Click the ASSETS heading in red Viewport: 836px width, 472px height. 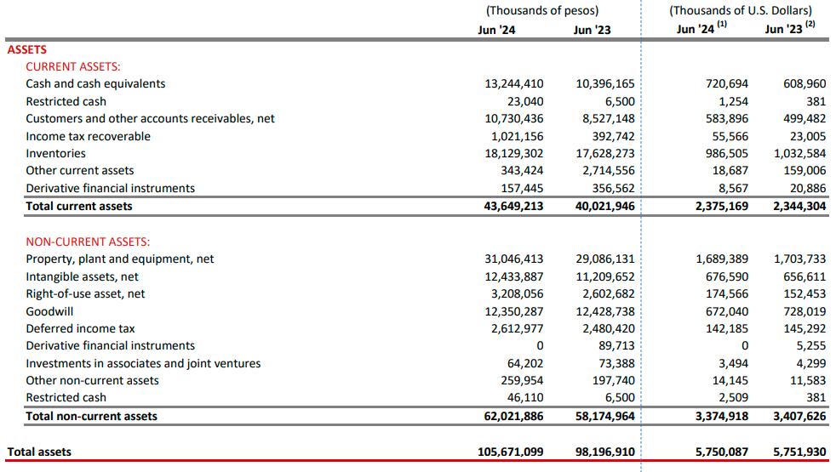(26, 49)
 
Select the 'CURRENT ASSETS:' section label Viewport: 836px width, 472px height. (73, 66)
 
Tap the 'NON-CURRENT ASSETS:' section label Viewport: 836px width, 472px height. (88, 242)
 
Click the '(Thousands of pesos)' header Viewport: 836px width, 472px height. (542, 11)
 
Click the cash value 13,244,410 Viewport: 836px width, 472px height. (513, 83)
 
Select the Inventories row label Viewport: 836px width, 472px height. (55, 153)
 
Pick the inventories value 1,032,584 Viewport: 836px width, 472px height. (799, 153)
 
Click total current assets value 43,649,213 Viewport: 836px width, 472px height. (513, 206)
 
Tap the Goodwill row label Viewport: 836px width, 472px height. (49, 311)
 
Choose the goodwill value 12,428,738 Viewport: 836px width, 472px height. (605, 311)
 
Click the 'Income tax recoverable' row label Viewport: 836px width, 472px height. (88, 136)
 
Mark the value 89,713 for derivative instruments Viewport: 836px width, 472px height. (616, 345)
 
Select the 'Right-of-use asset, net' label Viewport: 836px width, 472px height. (85, 293)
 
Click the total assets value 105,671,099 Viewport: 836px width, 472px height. (510, 452)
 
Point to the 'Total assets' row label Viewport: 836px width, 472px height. (39, 452)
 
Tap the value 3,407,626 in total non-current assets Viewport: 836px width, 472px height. (799, 416)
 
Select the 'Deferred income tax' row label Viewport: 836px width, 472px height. (80, 328)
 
